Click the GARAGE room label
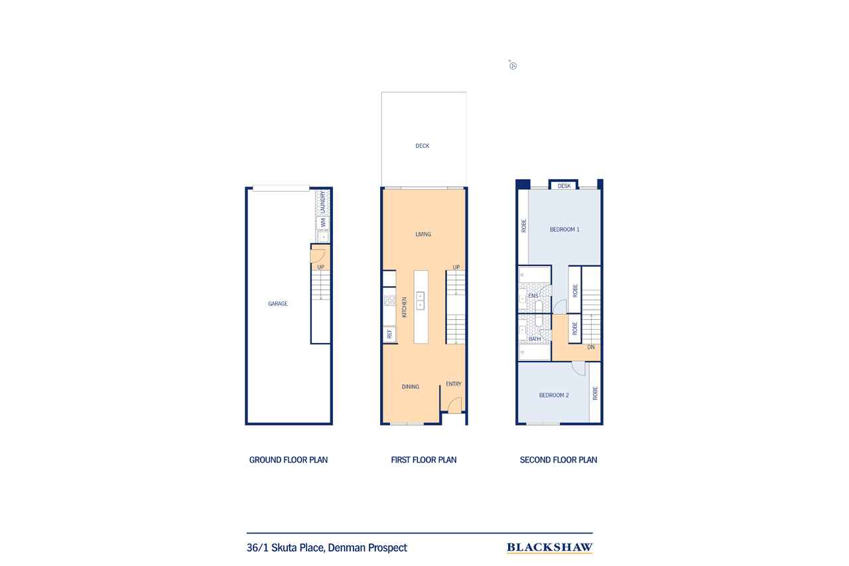pyautogui.click(x=278, y=304)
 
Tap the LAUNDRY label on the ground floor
pyautogui.click(x=323, y=202)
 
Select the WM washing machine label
pyautogui.click(x=323, y=223)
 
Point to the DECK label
pyautogui.click(x=423, y=146)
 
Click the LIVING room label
pyautogui.click(x=423, y=234)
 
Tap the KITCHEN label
pyautogui.click(x=404, y=307)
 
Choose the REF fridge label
pyautogui.click(x=389, y=334)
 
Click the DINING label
pyautogui.click(x=411, y=387)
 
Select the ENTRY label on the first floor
pyautogui.click(x=454, y=384)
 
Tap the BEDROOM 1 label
pyautogui.click(x=564, y=230)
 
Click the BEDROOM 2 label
pyautogui.click(x=554, y=395)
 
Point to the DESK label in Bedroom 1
pyautogui.click(x=564, y=186)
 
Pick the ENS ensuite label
pyautogui.click(x=533, y=295)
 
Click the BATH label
pyautogui.click(x=535, y=339)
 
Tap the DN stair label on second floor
pyautogui.click(x=590, y=347)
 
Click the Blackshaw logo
pyautogui.click(x=549, y=547)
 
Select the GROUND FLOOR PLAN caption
pyautogui.click(x=289, y=460)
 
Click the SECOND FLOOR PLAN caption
pyautogui.click(x=558, y=460)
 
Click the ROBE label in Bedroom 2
pyautogui.click(x=595, y=393)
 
